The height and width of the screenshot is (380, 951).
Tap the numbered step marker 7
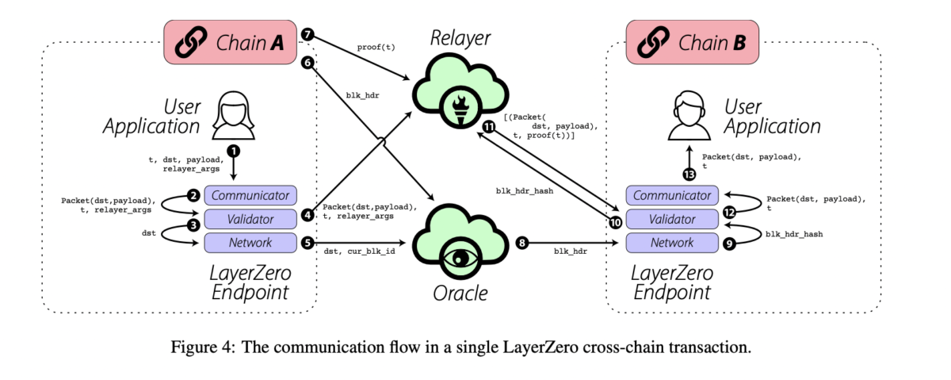pos(307,35)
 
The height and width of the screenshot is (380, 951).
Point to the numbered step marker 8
pos(521,243)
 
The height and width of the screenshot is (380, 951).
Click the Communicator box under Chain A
pos(250,195)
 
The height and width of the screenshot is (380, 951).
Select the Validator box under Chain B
pos(672,219)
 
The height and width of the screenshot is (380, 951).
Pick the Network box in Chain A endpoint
pos(250,243)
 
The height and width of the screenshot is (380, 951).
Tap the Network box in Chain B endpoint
pos(672,243)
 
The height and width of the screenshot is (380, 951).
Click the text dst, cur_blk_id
pos(360,252)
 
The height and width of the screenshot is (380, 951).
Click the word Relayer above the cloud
pos(460,37)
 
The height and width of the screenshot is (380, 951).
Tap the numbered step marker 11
pos(489,126)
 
